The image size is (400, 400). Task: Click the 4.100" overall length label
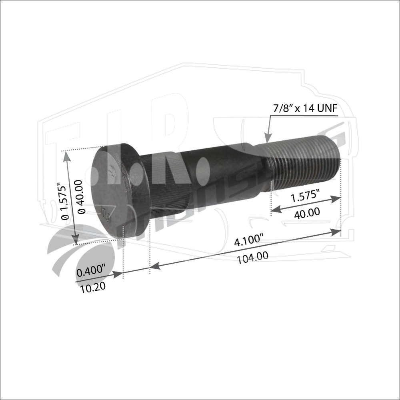(248, 240)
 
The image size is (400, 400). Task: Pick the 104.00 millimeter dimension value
(252, 257)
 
